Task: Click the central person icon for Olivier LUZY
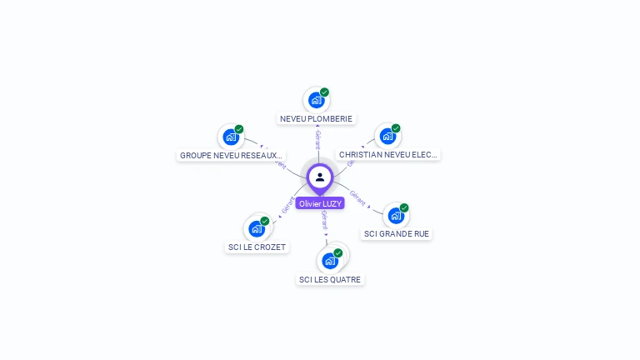pos(320,177)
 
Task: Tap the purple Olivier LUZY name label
pos(320,203)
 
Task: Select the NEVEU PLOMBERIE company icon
pos(316,101)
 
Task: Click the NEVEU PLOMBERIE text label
pos(317,119)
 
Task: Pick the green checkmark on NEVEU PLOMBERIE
pos(324,92)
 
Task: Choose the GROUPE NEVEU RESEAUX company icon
pos(231,137)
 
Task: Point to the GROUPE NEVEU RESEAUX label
pos(231,155)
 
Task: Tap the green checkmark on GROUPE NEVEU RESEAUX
pos(239,129)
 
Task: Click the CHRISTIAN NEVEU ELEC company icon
pos(387,137)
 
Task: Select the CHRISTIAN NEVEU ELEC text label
pos(387,155)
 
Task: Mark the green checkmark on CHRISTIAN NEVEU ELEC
pos(396,129)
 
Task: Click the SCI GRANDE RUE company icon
pos(396,216)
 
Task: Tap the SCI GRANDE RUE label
pos(397,234)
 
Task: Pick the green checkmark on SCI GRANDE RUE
pos(404,207)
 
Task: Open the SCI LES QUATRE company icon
pos(330,261)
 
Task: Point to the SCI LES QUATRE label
pos(330,280)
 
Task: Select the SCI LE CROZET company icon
pos(257,228)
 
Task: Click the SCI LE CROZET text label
pos(257,247)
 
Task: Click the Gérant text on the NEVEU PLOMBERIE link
pos(317,139)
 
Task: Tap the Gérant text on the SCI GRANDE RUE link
pos(357,197)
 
